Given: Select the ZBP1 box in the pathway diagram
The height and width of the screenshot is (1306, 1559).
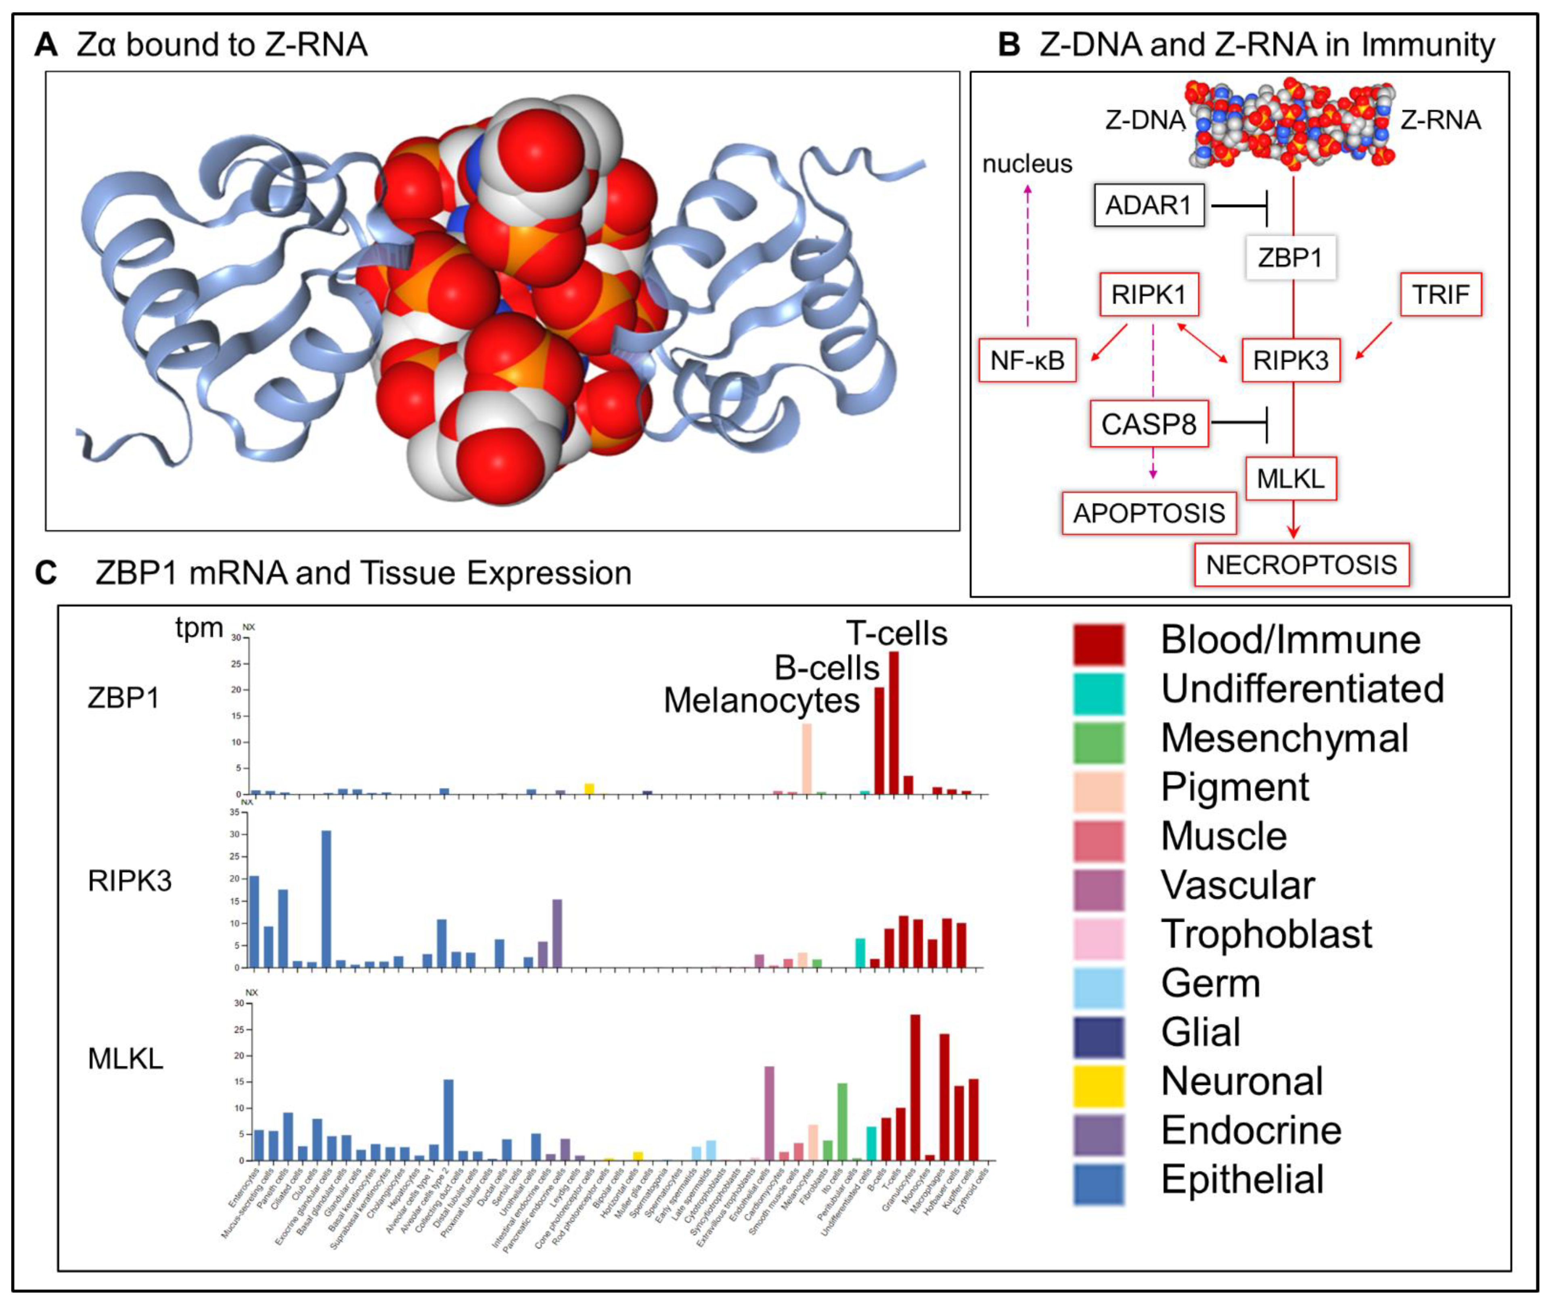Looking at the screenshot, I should coord(1290,257).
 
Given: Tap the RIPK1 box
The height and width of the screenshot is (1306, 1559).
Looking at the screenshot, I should coord(1149,295).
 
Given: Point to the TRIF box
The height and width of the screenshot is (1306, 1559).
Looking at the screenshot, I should coord(1440,295).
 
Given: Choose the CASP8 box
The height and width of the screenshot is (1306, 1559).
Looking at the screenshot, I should coord(1149,425).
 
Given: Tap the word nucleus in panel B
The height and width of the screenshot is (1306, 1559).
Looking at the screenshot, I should coord(1027,164).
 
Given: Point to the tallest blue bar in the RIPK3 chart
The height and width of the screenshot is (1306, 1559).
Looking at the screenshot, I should coord(326,898).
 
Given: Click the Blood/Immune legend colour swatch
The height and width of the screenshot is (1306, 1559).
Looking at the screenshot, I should coord(1098,644).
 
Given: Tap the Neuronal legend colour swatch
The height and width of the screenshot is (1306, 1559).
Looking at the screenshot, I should coord(1098,1085).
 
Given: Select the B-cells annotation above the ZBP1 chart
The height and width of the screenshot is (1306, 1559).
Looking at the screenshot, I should coord(827,668).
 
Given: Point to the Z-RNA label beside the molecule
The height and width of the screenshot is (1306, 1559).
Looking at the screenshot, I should coord(1440,120).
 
